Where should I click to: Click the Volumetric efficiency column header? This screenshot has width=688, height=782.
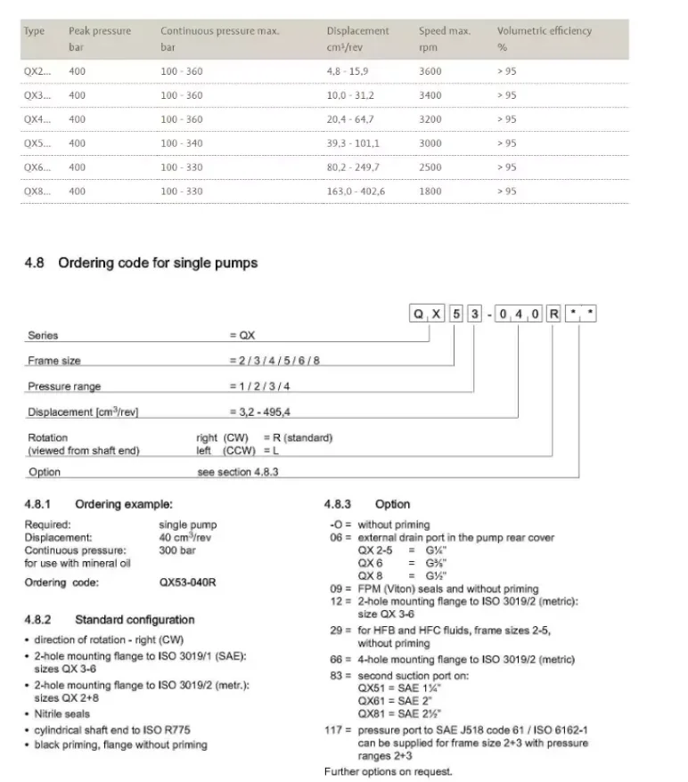544,31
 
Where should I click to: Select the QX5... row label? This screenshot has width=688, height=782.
37,143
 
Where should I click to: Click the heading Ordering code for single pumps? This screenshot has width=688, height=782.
158,263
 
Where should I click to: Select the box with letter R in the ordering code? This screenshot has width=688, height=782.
553,314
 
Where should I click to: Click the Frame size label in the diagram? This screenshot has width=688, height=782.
54,361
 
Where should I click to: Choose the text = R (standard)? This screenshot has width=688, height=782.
298,437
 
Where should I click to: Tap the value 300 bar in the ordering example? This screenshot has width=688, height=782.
177,550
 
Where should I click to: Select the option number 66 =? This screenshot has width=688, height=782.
341,660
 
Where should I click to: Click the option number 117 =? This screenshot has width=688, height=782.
339,730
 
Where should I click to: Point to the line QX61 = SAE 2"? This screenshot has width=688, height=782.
390,701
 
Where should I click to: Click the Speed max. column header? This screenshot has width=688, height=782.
444,31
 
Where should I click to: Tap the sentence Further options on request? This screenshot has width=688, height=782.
388,771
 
